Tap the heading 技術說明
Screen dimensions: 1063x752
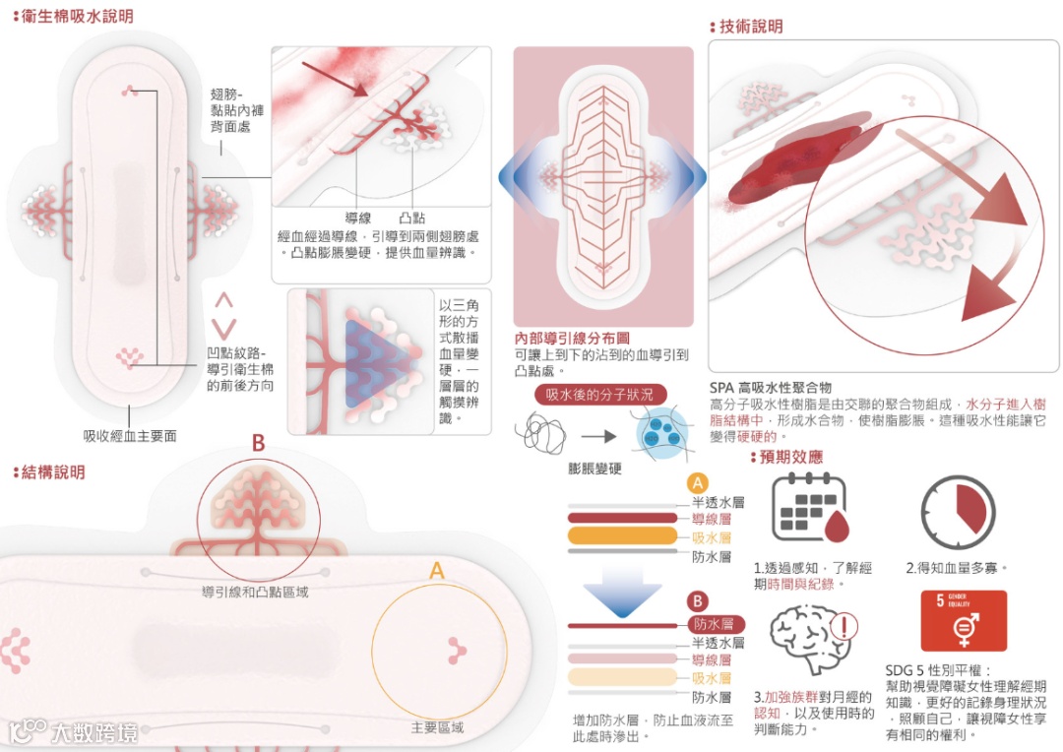pos(750,27)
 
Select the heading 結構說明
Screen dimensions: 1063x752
pos(57,472)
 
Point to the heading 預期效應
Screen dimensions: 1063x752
pos(789,458)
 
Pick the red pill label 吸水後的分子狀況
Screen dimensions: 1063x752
pos(600,395)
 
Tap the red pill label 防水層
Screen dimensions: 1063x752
pos(714,624)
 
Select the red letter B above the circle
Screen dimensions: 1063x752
pos(258,444)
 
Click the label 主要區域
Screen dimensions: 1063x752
pos(436,728)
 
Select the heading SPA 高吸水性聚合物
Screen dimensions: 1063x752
pos(771,388)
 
